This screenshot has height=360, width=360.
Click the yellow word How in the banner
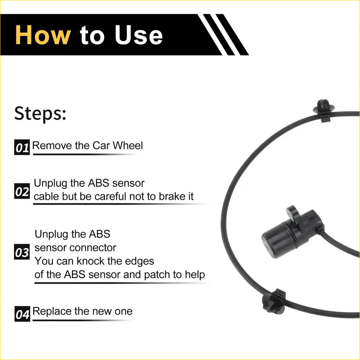tap(43, 35)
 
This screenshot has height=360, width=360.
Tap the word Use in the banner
tap(139, 35)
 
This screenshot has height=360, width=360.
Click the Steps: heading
tap(40, 113)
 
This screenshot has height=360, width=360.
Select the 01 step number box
tap(22, 148)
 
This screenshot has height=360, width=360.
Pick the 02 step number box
tap(22, 192)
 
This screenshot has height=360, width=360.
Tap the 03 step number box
tap(22, 252)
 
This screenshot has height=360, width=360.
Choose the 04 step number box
tap(22, 314)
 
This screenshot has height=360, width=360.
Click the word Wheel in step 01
tap(128, 145)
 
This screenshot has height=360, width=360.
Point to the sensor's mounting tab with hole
tap(292, 213)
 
